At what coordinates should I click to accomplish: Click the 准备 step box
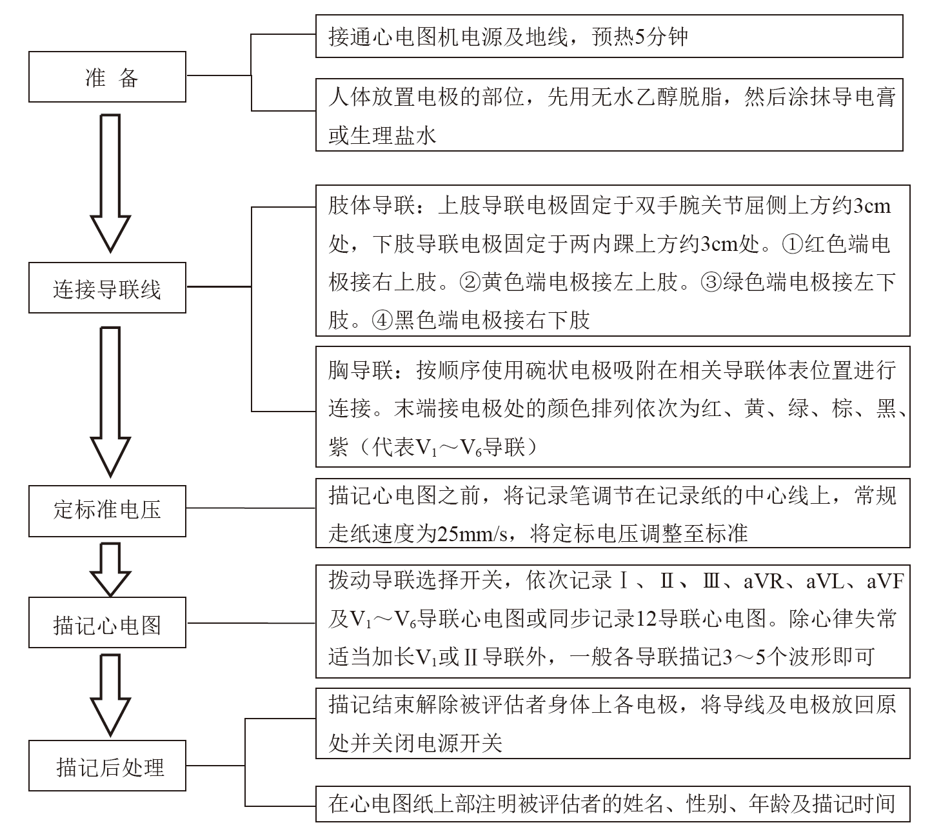pyautogui.click(x=107, y=77)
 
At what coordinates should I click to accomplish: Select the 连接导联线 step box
pyautogui.click(x=107, y=288)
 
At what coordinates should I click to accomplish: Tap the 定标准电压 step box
pyautogui.click(x=107, y=511)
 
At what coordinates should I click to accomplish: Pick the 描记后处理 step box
pyautogui.click(x=107, y=767)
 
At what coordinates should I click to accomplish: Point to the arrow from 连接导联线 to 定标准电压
pyautogui.click(x=110, y=400)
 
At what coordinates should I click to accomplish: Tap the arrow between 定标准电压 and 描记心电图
pyautogui.click(x=110, y=568)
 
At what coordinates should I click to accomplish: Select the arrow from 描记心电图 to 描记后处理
pyautogui.click(x=110, y=694)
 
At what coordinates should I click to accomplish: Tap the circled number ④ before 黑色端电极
pyautogui.click(x=382, y=320)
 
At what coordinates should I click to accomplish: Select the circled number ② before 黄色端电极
pyautogui.click(x=470, y=282)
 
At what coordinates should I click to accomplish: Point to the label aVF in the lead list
pyautogui.click(x=884, y=582)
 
